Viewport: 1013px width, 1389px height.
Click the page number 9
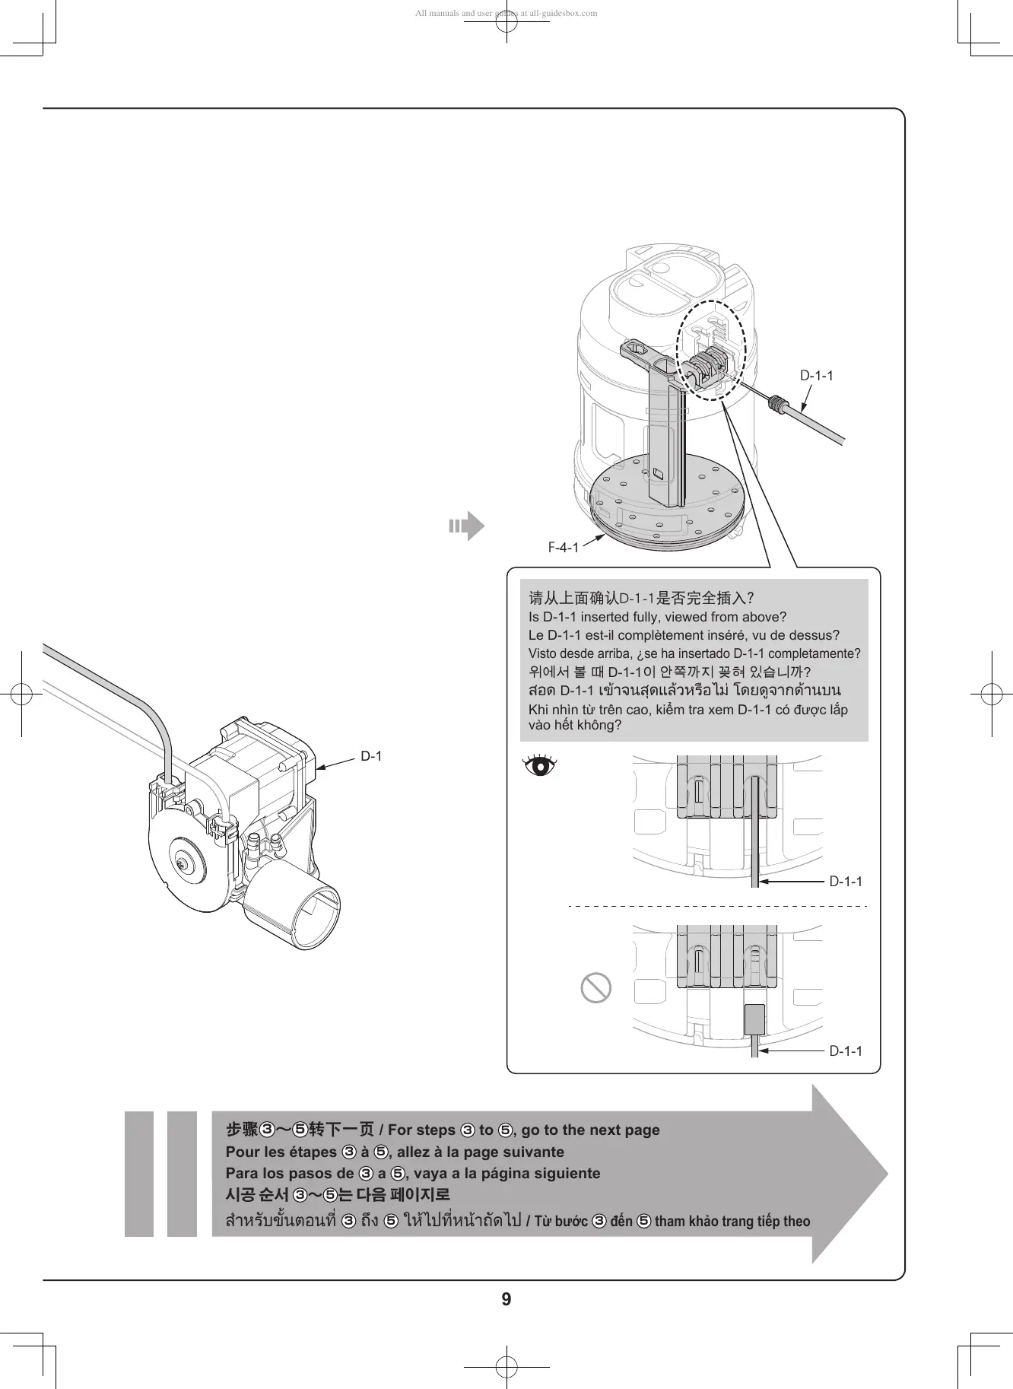point(506,1299)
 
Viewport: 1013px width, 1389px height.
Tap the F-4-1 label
point(564,548)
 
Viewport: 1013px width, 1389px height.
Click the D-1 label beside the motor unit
point(371,756)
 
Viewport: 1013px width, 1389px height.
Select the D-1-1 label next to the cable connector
point(816,376)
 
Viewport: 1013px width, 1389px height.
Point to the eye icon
point(540,764)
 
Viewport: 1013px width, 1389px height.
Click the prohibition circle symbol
point(596,987)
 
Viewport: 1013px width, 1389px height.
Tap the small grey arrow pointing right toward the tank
point(466,526)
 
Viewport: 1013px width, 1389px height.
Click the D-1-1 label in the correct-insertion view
point(846,882)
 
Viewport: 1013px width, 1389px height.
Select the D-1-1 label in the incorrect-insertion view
point(846,1051)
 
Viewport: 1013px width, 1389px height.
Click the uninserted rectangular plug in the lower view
point(754,1019)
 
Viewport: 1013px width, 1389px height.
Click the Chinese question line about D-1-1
point(641,598)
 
